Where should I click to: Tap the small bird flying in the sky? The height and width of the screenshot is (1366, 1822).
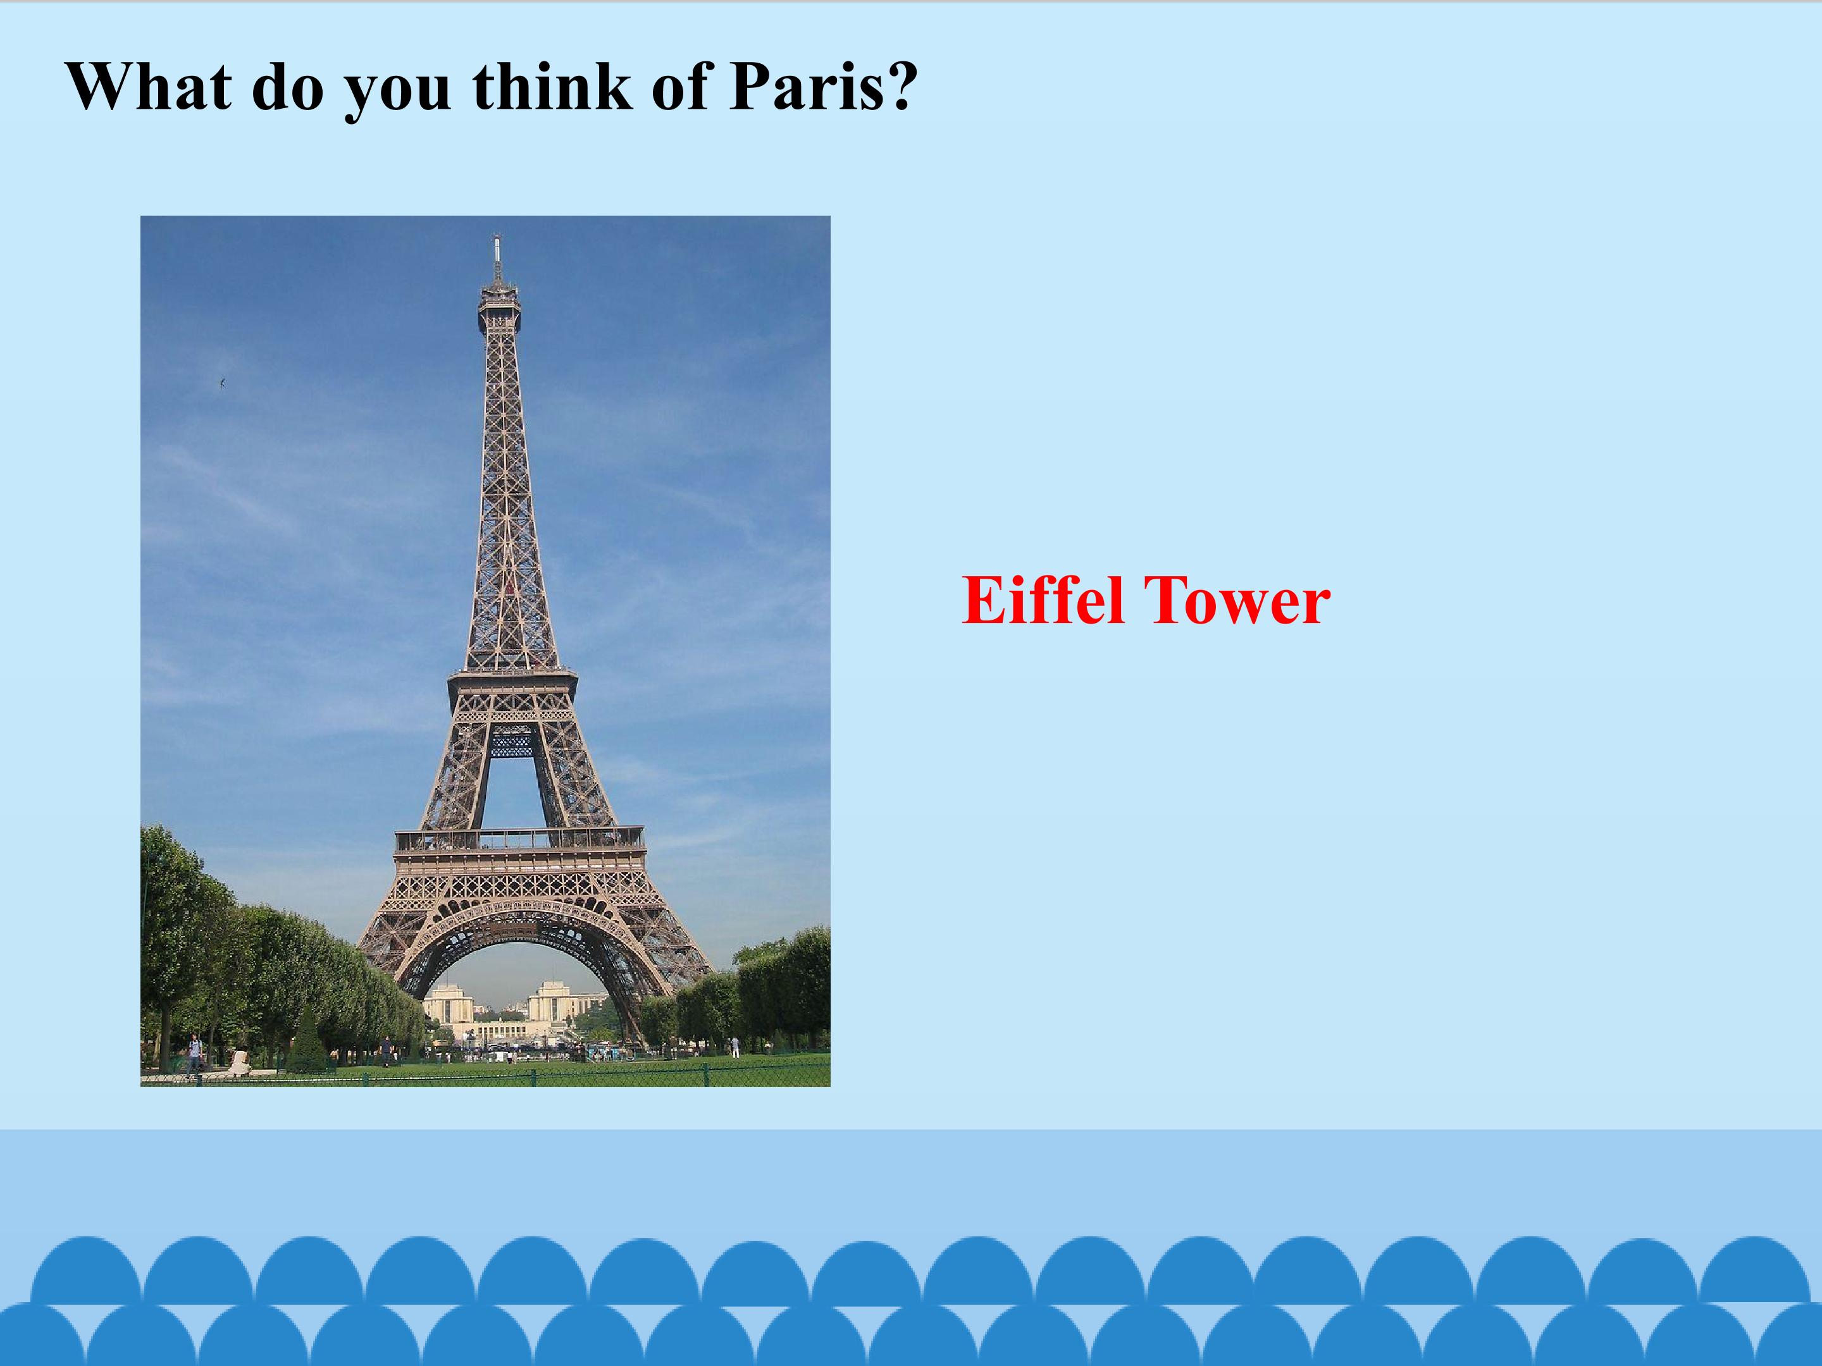223,382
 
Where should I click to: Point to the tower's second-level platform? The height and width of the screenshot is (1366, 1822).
512,677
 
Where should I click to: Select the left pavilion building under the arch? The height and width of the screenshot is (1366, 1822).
447,1003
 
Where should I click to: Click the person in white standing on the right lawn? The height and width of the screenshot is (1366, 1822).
734,1047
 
